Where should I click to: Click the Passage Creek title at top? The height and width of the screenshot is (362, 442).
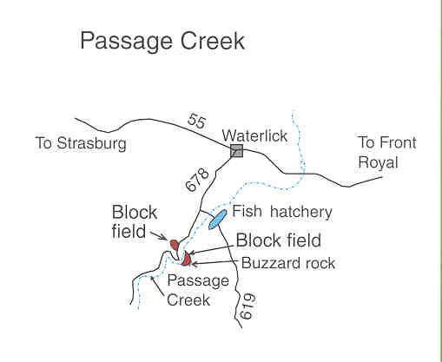pyautogui.click(x=162, y=42)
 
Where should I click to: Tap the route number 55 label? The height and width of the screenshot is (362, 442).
pyautogui.click(x=197, y=122)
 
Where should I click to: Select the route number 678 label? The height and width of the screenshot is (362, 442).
pyautogui.click(x=197, y=180)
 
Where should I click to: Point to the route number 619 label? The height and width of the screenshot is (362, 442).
pyautogui.click(x=247, y=306)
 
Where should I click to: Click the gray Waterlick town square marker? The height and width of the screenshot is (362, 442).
pyautogui.click(x=237, y=151)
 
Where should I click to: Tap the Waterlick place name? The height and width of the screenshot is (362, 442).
pyautogui.click(x=254, y=135)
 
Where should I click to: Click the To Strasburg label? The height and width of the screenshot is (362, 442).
pyautogui.click(x=81, y=143)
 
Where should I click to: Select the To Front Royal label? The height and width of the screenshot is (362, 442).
pyautogui.click(x=387, y=152)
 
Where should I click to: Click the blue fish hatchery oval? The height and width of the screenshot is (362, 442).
pyautogui.click(x=218, y=220)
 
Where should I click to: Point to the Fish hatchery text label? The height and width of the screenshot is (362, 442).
pyautogui.click(x=282, y=212)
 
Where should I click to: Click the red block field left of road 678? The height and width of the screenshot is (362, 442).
pyautogui.click(x=175, y=245)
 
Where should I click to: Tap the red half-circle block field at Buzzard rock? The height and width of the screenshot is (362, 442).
pyautogui.click(x=187, y=259)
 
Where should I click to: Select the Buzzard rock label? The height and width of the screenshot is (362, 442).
pyautogui.click(x=288, y=263)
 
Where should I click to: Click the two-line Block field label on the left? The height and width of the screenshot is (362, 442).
pyautogui.click(x=135, y=222)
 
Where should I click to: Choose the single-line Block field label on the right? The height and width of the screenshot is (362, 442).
pyautogui.click(x=279, y=240)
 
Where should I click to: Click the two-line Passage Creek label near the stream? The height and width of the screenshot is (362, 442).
pyautogui.click(x=198, y=290)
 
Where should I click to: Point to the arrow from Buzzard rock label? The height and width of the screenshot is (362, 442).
pyautogui.click(x=215, y=263)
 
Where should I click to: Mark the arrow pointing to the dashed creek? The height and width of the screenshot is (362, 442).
pyautogui.click(x=158, y=286)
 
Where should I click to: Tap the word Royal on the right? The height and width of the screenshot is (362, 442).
pyautogui.click(x=379, y=162)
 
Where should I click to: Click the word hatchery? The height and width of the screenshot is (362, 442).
pyautogui.click(x=301, y=212)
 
